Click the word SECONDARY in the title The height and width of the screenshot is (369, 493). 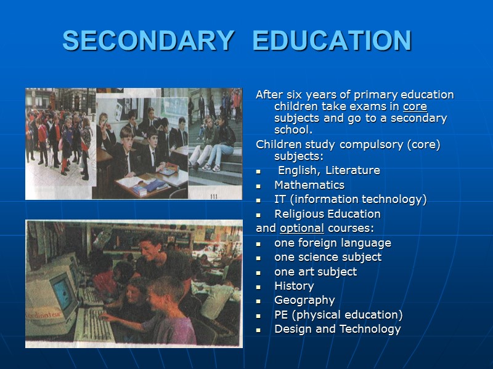coord(148,41)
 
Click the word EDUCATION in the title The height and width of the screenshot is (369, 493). coord(332,41)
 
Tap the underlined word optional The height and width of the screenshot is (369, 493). coord(302,229)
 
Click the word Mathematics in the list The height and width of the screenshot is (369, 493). coord(309,185)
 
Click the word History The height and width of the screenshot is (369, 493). coord(294,286)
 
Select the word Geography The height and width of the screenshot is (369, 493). coord(304,300)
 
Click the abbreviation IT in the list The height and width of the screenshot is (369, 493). coord(279,199)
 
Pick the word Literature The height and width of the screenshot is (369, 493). coord(357,170)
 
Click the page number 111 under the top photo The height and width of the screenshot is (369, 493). coord(214,196)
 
